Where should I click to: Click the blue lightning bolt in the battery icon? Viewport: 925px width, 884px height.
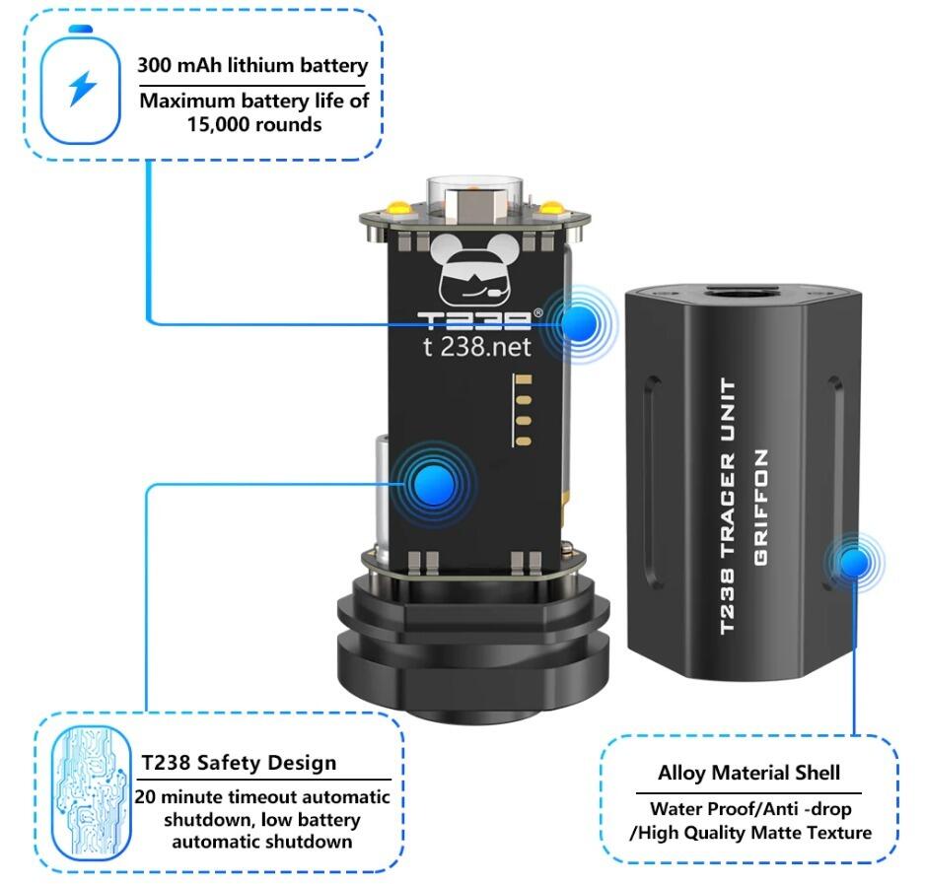tap(82, 89)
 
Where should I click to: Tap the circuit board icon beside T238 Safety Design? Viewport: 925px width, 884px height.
tap(91, 792)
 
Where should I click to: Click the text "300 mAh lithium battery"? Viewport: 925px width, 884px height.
tap(252, 65)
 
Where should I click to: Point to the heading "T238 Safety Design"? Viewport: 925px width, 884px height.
tap(239, 763)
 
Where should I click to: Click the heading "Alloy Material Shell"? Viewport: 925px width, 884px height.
tap(748, 773)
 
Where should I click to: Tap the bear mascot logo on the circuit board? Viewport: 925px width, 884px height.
tap(475, 270)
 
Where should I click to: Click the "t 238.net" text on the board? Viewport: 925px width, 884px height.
tap(476, 347)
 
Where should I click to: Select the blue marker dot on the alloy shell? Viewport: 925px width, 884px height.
tap(854, 562)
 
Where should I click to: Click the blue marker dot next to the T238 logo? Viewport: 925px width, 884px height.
tap(580, 324)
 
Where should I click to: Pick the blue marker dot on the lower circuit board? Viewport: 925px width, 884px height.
tap(434, 484)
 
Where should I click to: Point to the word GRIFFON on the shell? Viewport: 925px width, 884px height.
tap(761, 508)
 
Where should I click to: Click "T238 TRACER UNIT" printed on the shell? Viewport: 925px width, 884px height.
tap(728, 506)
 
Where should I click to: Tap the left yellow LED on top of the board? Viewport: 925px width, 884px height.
tap(398, 206)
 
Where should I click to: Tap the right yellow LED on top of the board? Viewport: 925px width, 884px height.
tap(552, 206)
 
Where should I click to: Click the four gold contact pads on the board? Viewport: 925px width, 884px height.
tap(523, 410)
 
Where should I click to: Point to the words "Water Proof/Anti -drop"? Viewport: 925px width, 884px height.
tap(750, 808)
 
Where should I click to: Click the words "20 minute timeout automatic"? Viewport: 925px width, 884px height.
tap(262, 797)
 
